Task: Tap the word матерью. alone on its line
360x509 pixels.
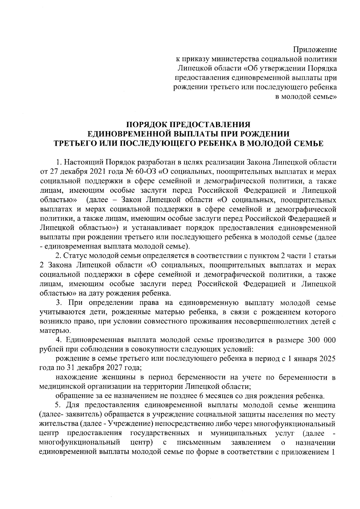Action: [51, 331]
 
